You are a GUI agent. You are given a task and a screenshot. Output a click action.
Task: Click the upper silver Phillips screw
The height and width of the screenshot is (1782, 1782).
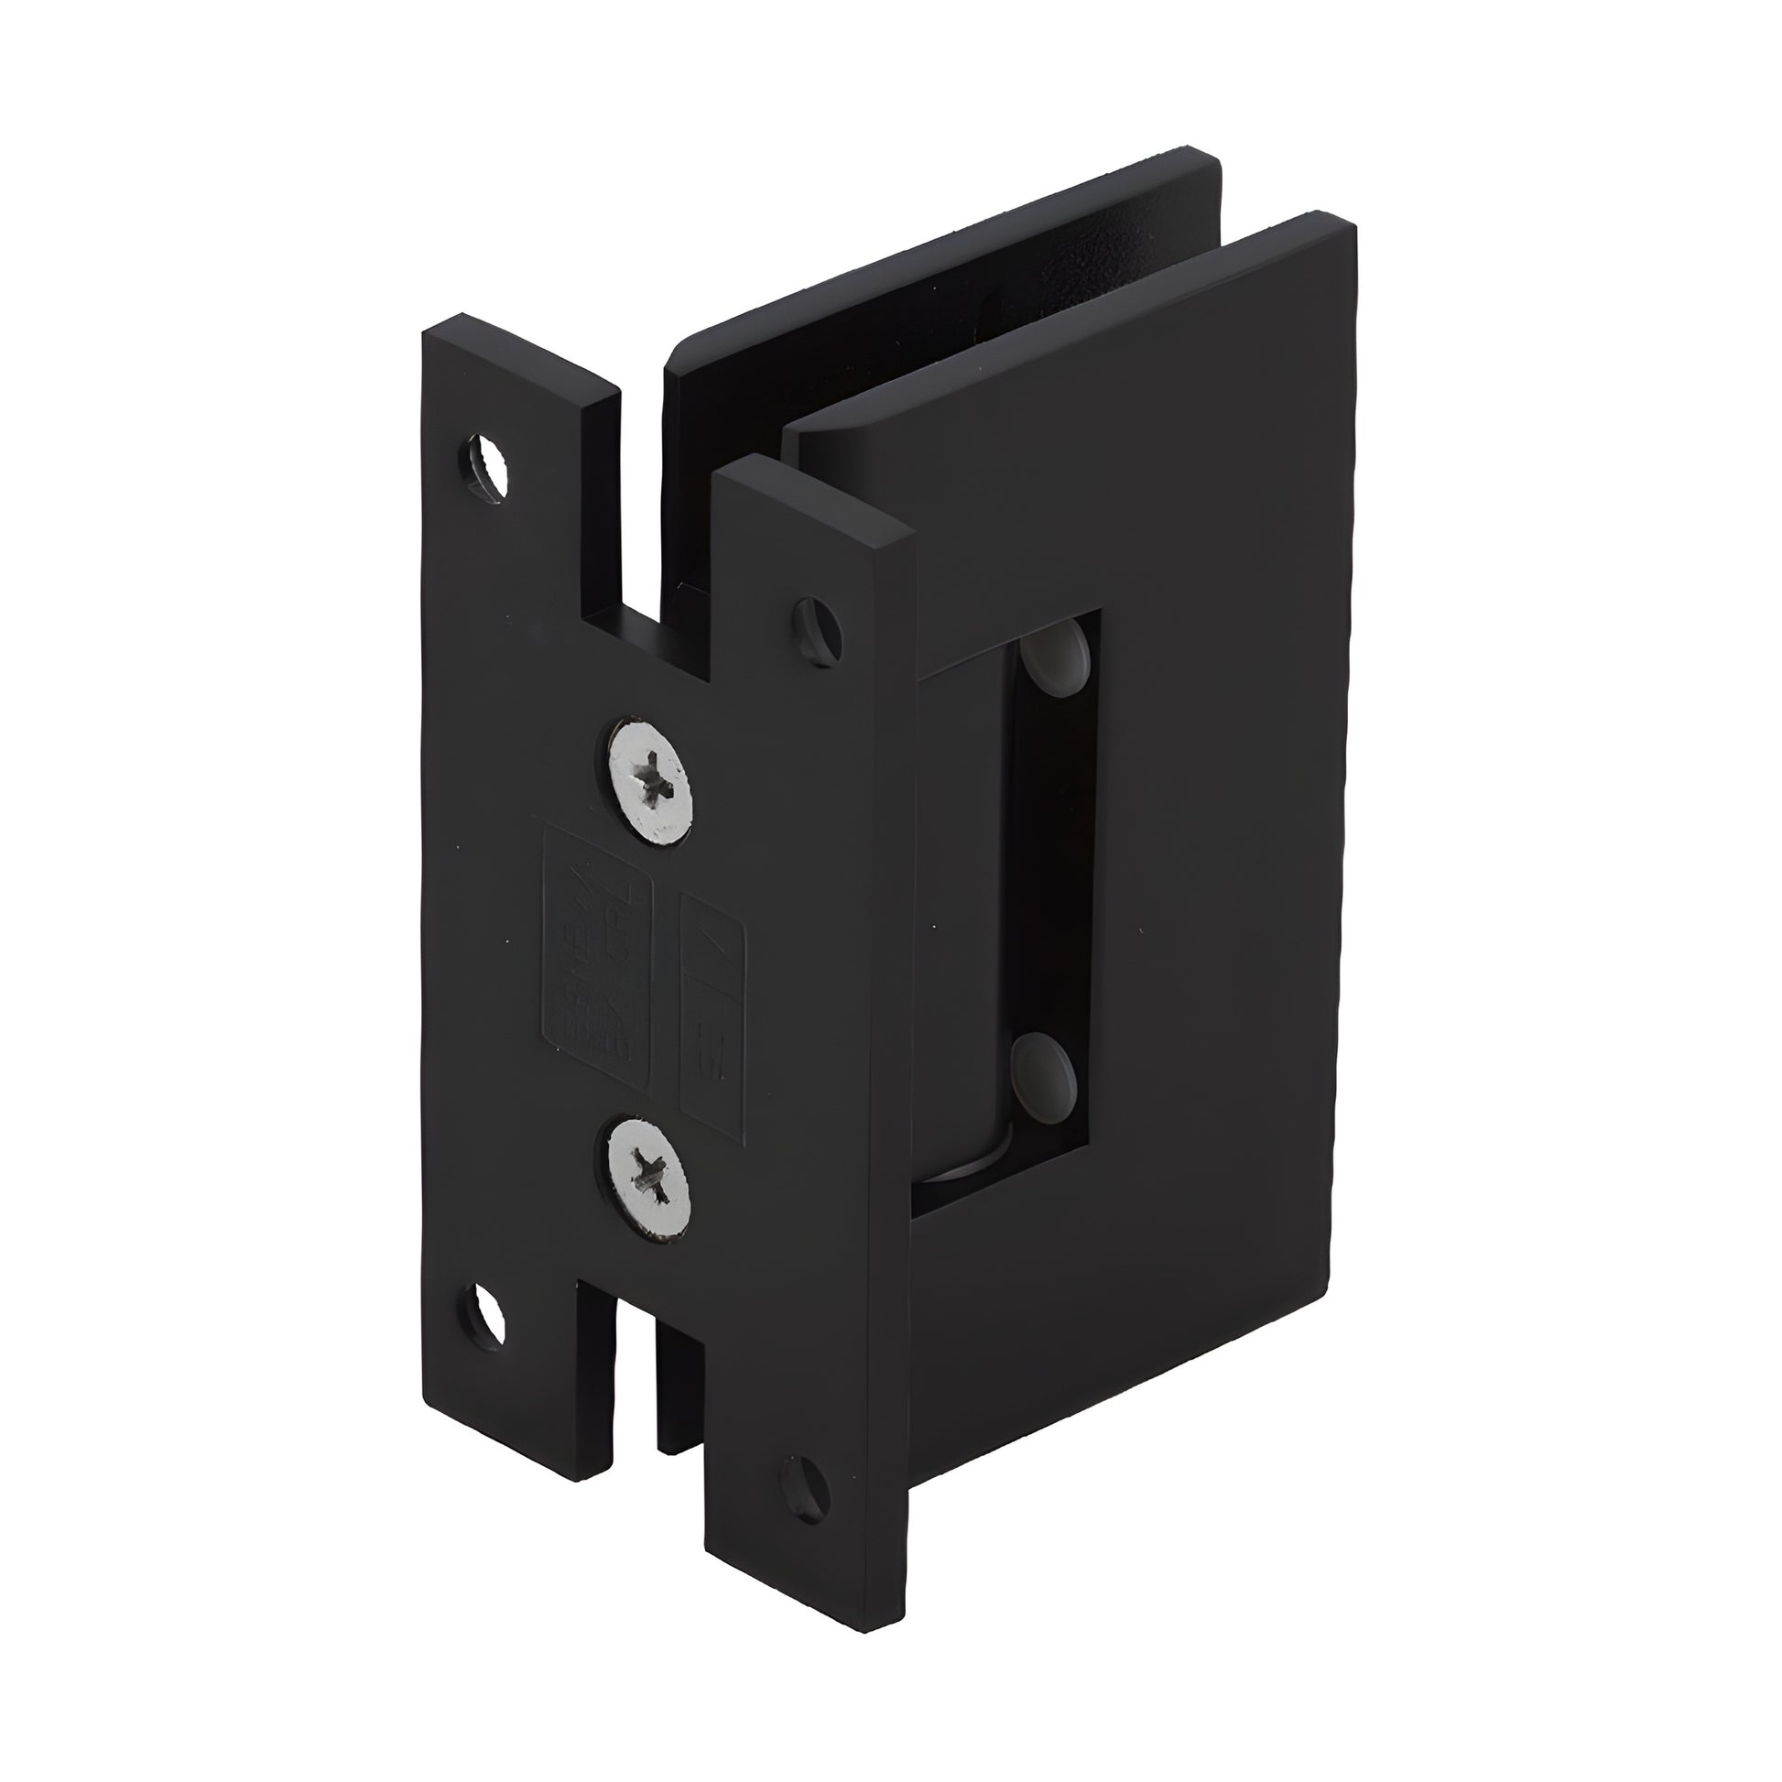pos(649,780)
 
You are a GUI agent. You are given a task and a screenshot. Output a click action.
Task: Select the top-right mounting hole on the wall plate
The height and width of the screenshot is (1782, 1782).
pos(817,632)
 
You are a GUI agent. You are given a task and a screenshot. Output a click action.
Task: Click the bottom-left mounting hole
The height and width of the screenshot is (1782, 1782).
pos(484,1314)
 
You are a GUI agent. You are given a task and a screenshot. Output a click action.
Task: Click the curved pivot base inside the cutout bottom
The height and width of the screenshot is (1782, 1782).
pos(969,1162)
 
